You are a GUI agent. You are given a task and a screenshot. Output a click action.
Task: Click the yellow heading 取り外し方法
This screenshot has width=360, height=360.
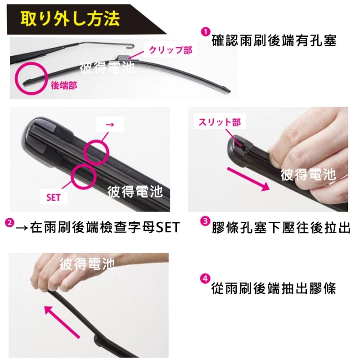[x=70, y=18]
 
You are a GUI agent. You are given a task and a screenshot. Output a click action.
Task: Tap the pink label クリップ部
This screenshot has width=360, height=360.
[x=170, y=50]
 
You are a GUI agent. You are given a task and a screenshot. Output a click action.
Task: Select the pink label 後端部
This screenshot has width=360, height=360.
[x=64, y=85]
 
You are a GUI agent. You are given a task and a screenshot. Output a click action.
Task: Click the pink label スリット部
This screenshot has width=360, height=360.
[x=220, y=122]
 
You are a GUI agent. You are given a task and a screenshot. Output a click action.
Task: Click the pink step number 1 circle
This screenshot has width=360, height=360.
[x=205, y=31]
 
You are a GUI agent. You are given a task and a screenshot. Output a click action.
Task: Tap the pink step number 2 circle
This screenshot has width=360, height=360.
[x=9, y=223]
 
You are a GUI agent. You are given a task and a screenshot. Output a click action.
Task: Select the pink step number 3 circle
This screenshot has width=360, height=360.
[x=205, y=221]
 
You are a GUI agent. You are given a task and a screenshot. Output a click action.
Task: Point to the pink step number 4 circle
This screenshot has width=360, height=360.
[x=205, y=279]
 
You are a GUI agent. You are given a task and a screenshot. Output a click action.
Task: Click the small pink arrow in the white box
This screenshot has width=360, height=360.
[x=110, y=125]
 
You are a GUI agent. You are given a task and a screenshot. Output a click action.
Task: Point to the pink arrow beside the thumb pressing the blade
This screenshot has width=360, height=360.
[x=248, y=179]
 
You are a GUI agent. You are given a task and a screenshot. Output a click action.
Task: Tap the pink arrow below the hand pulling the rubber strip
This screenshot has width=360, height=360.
[x=62, y=322]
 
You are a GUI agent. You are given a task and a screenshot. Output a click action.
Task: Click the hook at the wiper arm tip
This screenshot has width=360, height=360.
[x=131, y=46]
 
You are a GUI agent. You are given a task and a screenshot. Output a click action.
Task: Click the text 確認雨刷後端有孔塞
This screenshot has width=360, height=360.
[x=274, y=40]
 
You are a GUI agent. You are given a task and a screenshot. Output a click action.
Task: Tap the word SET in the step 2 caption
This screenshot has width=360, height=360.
[x=167, y=227]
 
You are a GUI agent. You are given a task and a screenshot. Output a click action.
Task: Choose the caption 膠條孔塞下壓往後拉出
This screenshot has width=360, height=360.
[x=281, y=228]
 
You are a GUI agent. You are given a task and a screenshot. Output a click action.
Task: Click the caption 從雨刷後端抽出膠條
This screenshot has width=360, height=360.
[x=274, y=288]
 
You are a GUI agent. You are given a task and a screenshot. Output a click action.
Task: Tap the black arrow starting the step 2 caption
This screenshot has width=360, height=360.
[x=22, y=228]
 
